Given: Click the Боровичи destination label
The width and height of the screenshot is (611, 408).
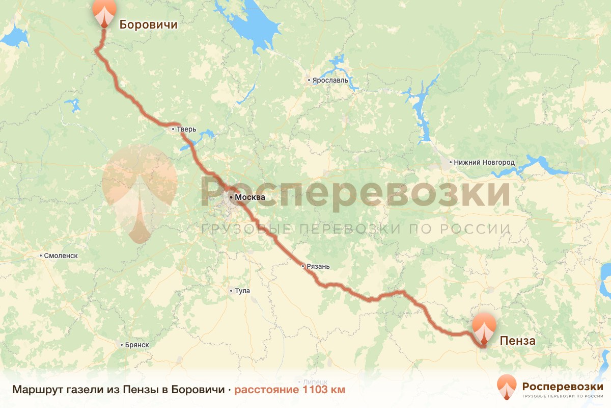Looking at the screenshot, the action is click(x=148, y=24).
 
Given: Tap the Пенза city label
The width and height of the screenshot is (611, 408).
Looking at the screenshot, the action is click(x=517, y=341).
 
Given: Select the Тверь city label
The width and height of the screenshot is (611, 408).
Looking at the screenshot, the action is click(x=186, y=130).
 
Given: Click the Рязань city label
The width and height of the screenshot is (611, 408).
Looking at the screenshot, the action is click(x=318, y=267).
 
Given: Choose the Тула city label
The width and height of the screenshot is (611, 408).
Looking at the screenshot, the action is click(x=242, y=291).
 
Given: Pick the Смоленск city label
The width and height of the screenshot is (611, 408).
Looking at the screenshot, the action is click(x=61, y=256).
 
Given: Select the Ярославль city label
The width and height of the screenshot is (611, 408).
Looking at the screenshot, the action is click(x=330, y=81).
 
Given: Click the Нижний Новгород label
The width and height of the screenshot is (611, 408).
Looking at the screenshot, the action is click(x=484, y=163).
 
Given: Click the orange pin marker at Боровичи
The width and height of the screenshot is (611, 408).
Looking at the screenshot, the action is click(x=104, y=11).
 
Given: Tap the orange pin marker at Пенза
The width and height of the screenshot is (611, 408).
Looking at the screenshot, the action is click(x=484, y=329).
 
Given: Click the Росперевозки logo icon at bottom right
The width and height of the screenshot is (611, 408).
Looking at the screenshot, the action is click(x=507, y=387).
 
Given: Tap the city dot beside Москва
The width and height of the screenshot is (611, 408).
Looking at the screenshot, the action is click(x=231, y=197).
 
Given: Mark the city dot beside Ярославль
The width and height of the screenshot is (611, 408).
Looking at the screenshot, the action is click(x=309, y=81).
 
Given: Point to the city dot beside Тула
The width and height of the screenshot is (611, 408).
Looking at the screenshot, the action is click(x=231, y=291).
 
